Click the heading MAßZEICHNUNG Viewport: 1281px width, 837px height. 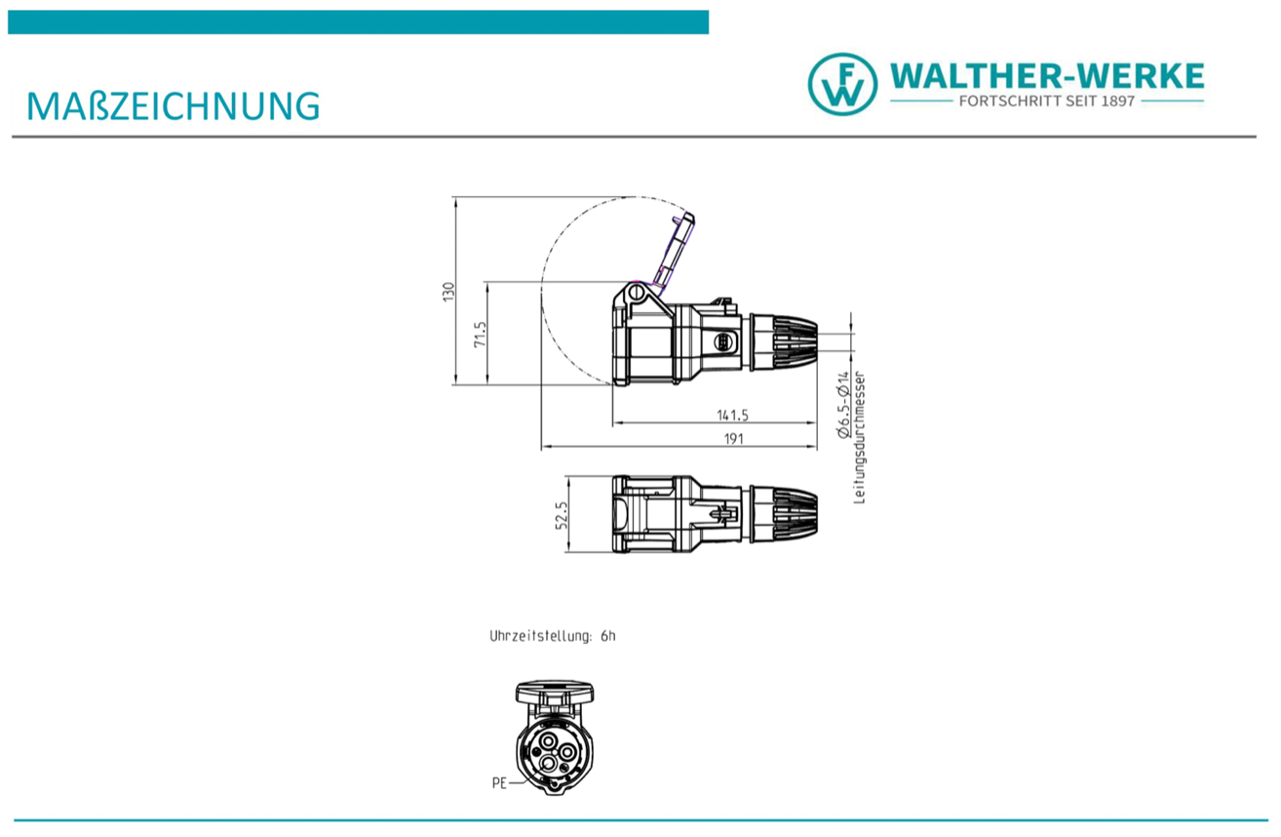pos(174,105)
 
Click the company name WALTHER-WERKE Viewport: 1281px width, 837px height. pos(1047,75)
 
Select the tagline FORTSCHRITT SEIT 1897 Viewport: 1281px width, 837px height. pos(1047,101)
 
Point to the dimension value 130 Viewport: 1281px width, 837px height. pos(448,292)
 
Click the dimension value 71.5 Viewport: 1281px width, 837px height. pos(479,335)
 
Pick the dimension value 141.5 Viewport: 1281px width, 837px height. pos(731,416)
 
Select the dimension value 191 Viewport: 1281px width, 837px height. pos(733,438)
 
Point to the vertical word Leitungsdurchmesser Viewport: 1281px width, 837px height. pos(859,438)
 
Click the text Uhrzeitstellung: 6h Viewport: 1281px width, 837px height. pos(553,636)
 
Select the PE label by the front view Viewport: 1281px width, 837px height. pos(499,782)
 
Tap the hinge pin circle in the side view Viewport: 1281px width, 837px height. pos(636,291)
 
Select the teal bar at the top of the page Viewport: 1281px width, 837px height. pos(358,22)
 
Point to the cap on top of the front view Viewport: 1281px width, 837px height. pos(554,694)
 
